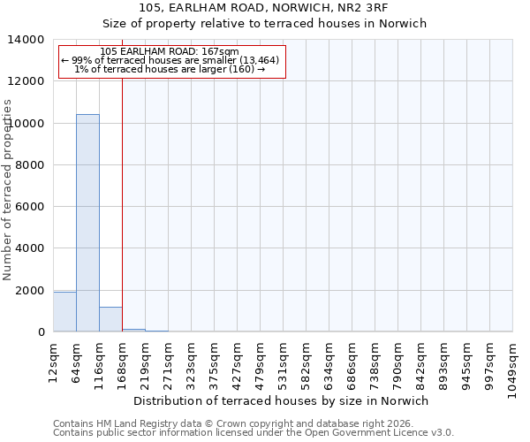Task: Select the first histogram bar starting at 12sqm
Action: coord(64,312)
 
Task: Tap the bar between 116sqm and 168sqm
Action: coord(110,319)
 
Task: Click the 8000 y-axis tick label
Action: coord(32,165)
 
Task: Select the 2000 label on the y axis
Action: coord(32,291)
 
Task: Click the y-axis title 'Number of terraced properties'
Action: coord(9,189)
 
